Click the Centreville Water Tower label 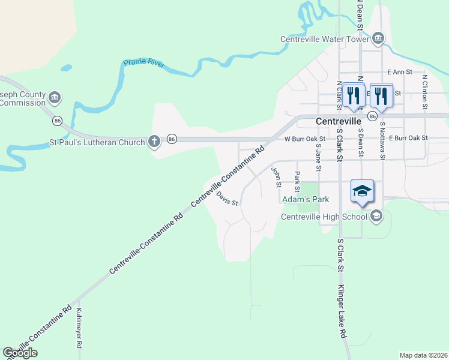(324, 40)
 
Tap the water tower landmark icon (378, 40)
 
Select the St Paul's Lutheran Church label (97, 143)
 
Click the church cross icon (154, 142)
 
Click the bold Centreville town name (342, 121)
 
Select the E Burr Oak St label (409, 138)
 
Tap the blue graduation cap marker (362, 191)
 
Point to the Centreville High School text (324, 217)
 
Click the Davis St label (228, 199)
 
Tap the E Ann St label (400, 72)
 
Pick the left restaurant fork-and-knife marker (354, 95)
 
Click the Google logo (20, 353)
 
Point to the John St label (277, 176)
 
